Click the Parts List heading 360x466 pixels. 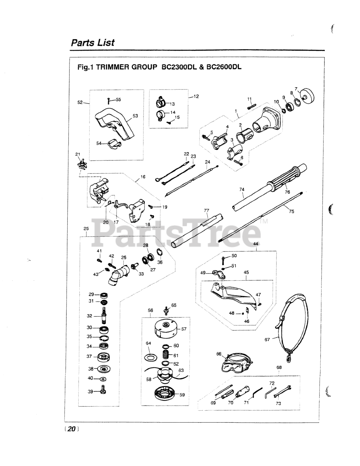click(x=92, y=43)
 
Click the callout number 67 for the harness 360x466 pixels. click(x=267, y=340)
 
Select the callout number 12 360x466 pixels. click(x=196, y=96)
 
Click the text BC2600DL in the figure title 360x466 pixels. click(x=223, y=67)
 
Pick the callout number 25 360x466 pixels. click(x=86, y=229)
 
